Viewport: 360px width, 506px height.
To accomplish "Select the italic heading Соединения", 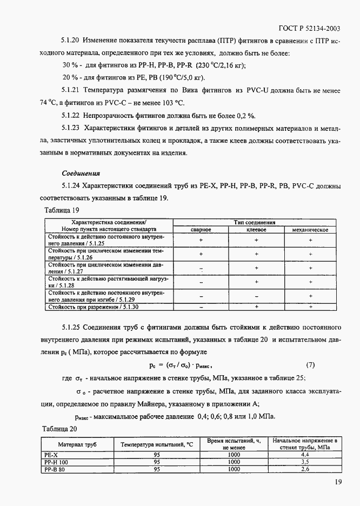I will click(81, 174).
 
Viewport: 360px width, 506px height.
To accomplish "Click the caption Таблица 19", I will click(61, 210).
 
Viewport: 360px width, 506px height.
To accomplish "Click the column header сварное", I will click(201, 230).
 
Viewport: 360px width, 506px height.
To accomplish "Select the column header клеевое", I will click(257, 230).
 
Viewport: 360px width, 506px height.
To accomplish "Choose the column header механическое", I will click(311, 230).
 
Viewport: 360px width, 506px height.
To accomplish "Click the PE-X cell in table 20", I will click(50, 455).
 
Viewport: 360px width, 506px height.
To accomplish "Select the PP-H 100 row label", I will click(56, 462).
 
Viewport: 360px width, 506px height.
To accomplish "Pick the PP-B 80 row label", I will click(55, 469).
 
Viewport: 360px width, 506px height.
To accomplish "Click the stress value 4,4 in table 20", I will click(304, 455).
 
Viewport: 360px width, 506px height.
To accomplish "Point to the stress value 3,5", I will click(304, 462).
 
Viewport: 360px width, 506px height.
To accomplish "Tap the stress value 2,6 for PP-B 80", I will click(304, 469).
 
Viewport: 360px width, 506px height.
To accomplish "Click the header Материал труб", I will click(77, 444).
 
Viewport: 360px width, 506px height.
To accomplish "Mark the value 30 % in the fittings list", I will click(71, 65).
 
